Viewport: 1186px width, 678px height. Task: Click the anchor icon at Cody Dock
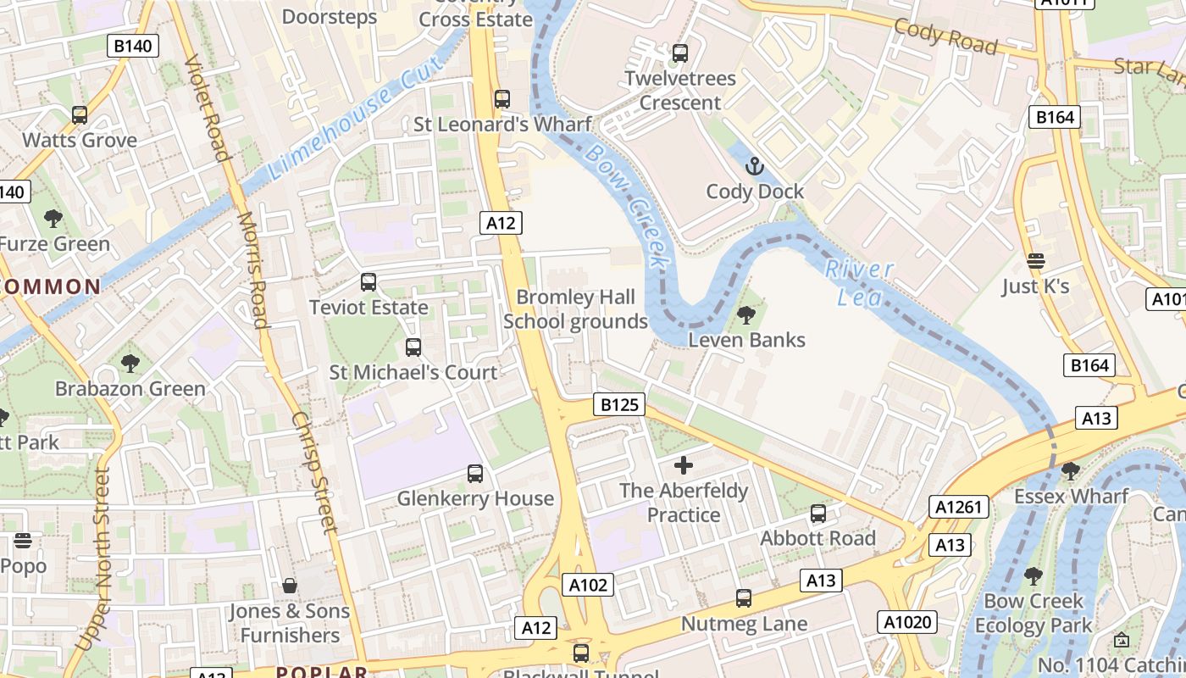point(754,165)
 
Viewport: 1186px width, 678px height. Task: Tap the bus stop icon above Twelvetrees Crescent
point(679,53)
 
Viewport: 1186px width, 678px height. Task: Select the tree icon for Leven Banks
point(746,315)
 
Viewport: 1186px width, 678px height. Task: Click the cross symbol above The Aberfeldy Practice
point(684,465)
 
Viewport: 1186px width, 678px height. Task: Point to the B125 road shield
point(619,405)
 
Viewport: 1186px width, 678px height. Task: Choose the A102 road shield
point(587,585)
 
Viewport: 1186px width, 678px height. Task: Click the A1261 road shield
point(959,507)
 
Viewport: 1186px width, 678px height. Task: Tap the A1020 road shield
point(907,622)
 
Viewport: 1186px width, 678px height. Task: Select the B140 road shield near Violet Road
point(133,46)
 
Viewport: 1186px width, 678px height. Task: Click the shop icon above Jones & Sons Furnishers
point(290,586)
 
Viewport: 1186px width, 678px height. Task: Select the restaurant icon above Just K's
point(1035,260)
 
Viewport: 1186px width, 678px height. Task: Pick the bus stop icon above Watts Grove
point(80,114)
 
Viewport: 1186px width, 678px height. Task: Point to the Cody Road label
point(945,36)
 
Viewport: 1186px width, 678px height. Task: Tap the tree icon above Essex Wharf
point(1071,470)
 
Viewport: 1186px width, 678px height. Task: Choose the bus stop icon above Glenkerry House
point(475,473)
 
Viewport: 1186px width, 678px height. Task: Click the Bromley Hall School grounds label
point(576,309)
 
